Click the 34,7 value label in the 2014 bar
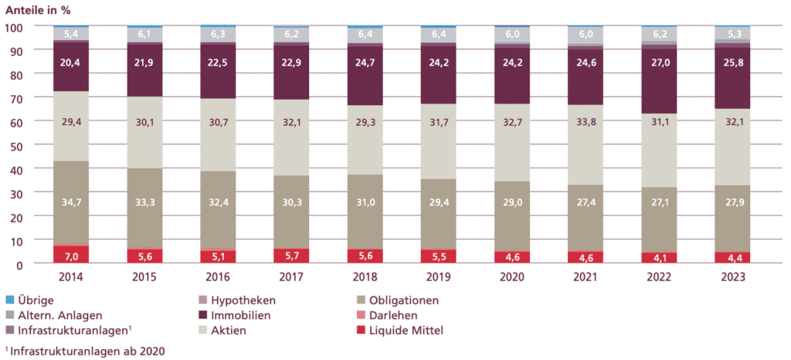pos(71,202)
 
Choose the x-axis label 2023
pos(732,277)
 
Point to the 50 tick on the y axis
pos(20,145)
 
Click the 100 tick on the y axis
pos(17,27)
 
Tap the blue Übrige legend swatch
pos(10,300)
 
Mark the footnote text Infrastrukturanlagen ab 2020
pos(87,351)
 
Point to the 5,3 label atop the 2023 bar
pos(732,33)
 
